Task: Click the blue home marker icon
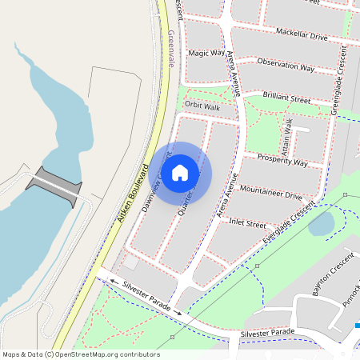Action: tap(180, 172)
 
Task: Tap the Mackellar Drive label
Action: tap(302, 36)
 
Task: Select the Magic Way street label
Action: tap(206, 53)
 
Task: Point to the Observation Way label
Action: tap(286, 66)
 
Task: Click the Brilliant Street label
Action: tap(286, 98)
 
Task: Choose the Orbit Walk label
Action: tap(202, 105)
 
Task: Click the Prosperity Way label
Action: tap(282, 162)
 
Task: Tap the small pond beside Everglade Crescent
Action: tap(321, 226)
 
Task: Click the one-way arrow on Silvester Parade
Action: tap(114, 282)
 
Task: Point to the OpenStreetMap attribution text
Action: tap(80, 354)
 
